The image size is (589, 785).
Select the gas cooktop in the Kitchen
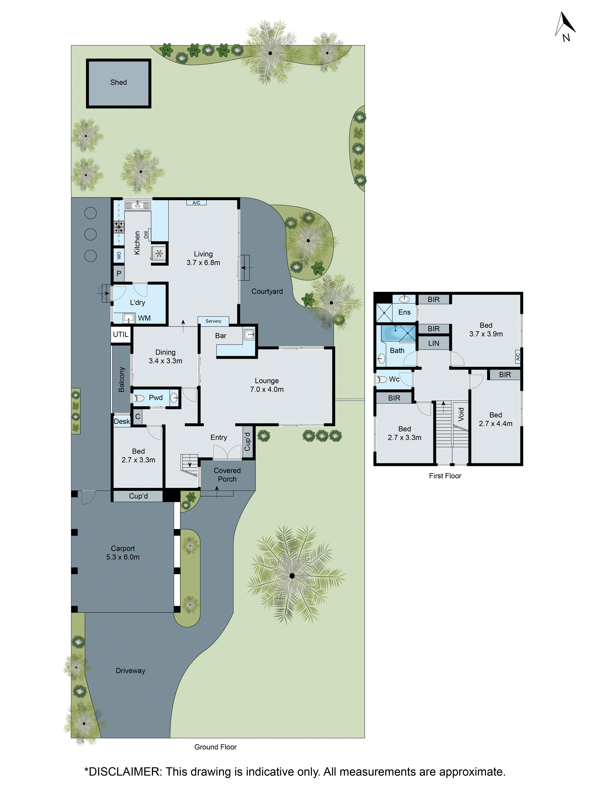pos(119,226)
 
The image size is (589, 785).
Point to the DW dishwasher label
pos(146,235)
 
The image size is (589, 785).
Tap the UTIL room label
pos(121,334)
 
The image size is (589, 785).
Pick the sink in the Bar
pos(249,334)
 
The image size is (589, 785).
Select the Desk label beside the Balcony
pos(122,421)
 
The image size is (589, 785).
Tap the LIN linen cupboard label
pos(434,343)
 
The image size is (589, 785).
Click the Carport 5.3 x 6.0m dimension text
pos(123,557)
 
